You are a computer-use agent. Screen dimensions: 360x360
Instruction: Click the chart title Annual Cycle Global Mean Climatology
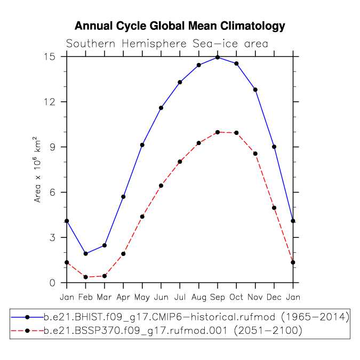180,26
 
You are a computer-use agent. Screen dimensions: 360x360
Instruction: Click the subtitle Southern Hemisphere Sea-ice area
167,44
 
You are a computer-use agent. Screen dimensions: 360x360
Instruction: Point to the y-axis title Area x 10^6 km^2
37,170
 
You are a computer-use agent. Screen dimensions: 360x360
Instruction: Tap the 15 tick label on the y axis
50,57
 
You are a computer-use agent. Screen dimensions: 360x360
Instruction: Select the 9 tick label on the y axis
53,147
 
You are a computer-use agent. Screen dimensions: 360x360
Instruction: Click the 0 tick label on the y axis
53,283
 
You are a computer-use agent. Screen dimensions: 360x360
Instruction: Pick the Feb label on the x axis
85,297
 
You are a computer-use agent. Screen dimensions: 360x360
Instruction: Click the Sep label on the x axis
218,298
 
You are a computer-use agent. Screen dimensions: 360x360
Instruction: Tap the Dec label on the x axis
274,297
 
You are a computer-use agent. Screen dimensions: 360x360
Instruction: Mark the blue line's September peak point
218,58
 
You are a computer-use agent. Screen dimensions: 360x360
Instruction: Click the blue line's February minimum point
86,254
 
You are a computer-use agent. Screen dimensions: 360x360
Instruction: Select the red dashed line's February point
86,277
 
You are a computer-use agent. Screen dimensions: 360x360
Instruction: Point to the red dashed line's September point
218,132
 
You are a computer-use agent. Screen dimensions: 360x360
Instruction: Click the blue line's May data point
142,145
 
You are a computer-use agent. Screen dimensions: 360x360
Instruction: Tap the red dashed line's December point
274,208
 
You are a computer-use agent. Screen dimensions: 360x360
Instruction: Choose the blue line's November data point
255,90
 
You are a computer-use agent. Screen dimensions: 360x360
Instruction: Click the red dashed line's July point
180,162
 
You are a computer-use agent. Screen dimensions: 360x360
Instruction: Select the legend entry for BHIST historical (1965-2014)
180,317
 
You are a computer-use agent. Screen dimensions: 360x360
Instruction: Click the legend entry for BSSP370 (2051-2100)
157,331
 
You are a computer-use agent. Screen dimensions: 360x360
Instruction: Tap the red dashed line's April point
123,254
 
